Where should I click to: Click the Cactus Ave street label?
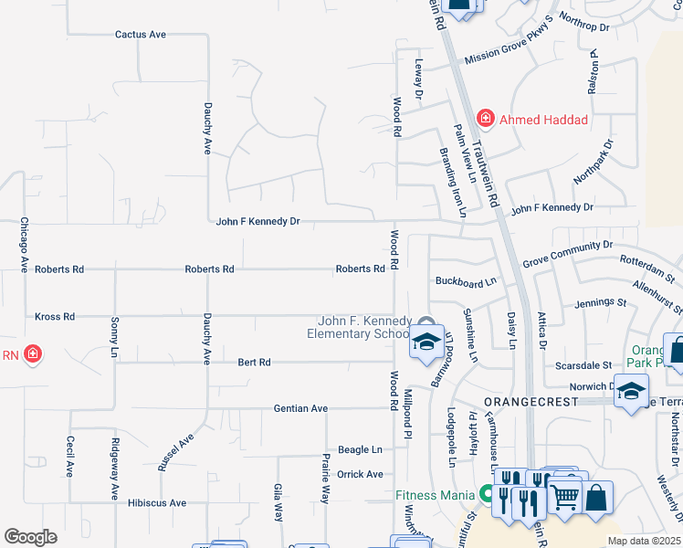coord(141,35)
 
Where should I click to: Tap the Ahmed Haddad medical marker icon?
coord(485,118)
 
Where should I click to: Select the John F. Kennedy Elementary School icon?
coord(426,342)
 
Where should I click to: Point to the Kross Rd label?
coord(55,317)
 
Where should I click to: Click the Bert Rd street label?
coord(255,363)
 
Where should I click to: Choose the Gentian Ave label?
coord(300,408)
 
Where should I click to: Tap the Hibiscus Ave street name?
coord(157,503)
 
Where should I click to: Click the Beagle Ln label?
coord(360,450)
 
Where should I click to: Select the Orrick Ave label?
coord(361,475)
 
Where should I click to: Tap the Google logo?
coord(30,537)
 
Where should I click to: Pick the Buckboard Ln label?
coord(466,281)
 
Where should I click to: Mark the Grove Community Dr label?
coord(567,255)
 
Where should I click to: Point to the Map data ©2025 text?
coord(645,541)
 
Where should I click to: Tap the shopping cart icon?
coord(565,498)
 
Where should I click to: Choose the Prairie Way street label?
coord(324,479)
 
